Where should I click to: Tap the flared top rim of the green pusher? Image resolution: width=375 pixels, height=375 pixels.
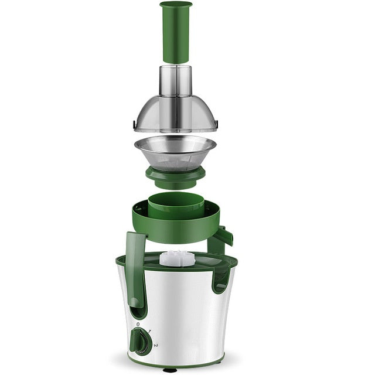pyautogui.click(x=176, y=5)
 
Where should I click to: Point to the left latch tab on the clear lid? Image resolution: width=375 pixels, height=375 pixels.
pyautogui.click(x=135, y=125)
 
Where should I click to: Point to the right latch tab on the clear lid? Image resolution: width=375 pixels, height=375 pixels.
pyautogui.click(x=216, y=124)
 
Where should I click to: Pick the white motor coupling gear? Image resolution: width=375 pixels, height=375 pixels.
pyautogui.click(x=176, y=258)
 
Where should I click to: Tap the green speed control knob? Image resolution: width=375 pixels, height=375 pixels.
pyautogui.click(x=140, y=340)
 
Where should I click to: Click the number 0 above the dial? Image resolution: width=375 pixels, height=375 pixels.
pyautogui.click(x=138, y=324)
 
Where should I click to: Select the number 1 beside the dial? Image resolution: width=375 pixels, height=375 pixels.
pyautogui.click(x=149, y=332)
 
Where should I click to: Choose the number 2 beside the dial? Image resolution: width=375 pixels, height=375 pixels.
pyautogui.click(x=156, y=345)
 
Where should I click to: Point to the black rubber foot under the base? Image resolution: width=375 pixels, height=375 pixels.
pyautogui.click(x=169, y=370)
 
